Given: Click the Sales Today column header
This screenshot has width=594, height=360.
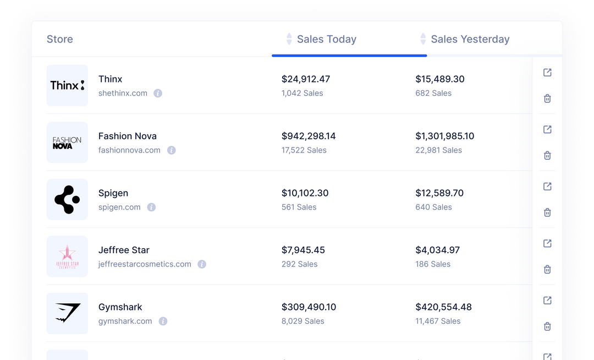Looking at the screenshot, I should [x=327, y=39].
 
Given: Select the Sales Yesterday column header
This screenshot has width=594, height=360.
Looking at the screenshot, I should [x=470, y=39].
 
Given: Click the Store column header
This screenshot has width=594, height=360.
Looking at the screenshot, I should [x=60, y=39].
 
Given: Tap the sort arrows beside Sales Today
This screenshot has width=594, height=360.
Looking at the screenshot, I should [x=289, y=39].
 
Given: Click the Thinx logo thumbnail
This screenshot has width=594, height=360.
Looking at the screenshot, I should [x=67, y=85].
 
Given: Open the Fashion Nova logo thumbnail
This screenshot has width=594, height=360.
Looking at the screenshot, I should [x=67, y=143].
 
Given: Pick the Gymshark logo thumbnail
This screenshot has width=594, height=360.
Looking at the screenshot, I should [x=67, y=313].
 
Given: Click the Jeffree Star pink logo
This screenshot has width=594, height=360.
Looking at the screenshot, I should [x=67, y=257].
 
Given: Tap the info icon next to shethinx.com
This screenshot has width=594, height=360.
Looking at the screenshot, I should [x=158, y=94].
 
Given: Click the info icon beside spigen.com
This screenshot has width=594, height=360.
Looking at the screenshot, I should [x=151, y=208].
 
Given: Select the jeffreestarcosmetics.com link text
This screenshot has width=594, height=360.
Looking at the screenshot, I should [x=145, y=264].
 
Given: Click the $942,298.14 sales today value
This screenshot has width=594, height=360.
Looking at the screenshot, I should [x=309, y=136].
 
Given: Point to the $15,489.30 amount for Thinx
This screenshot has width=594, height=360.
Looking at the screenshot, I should [x=440, y=79].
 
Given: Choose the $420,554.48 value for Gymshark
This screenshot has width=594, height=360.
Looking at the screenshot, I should [x=443, y=307].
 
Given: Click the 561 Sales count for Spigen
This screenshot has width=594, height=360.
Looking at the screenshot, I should [x=299, y=208].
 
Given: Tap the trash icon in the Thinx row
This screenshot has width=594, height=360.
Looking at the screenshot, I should [x=547, y=99].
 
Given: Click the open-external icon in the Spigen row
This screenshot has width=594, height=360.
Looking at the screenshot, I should [x=547, y=187].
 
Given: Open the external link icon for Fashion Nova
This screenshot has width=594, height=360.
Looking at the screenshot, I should [x=547, y=129].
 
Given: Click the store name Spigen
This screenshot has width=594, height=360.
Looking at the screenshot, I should [x=113, y=193].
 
